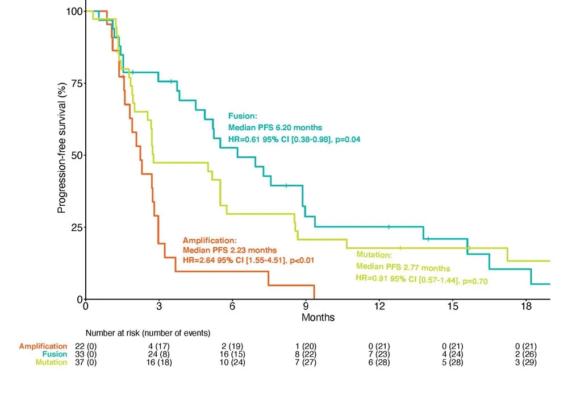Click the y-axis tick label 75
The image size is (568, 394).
pos(74,84)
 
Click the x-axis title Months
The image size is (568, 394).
pos(318,317)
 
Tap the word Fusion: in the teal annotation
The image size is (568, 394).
pos(243,115)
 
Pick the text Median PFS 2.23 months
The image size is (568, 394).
pos(229,250)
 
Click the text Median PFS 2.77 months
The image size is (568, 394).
pos(403,268)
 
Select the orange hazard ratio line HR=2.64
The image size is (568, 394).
pos(248,260)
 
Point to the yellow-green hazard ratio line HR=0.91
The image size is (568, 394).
pos(422,280)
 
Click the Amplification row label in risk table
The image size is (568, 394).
pos(43,346)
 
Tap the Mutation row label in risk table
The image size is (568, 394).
pos(52,362)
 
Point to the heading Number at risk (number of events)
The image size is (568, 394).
pos(148,333)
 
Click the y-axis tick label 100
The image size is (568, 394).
pos(72,11)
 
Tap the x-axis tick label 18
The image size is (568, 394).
pos(526,306)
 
